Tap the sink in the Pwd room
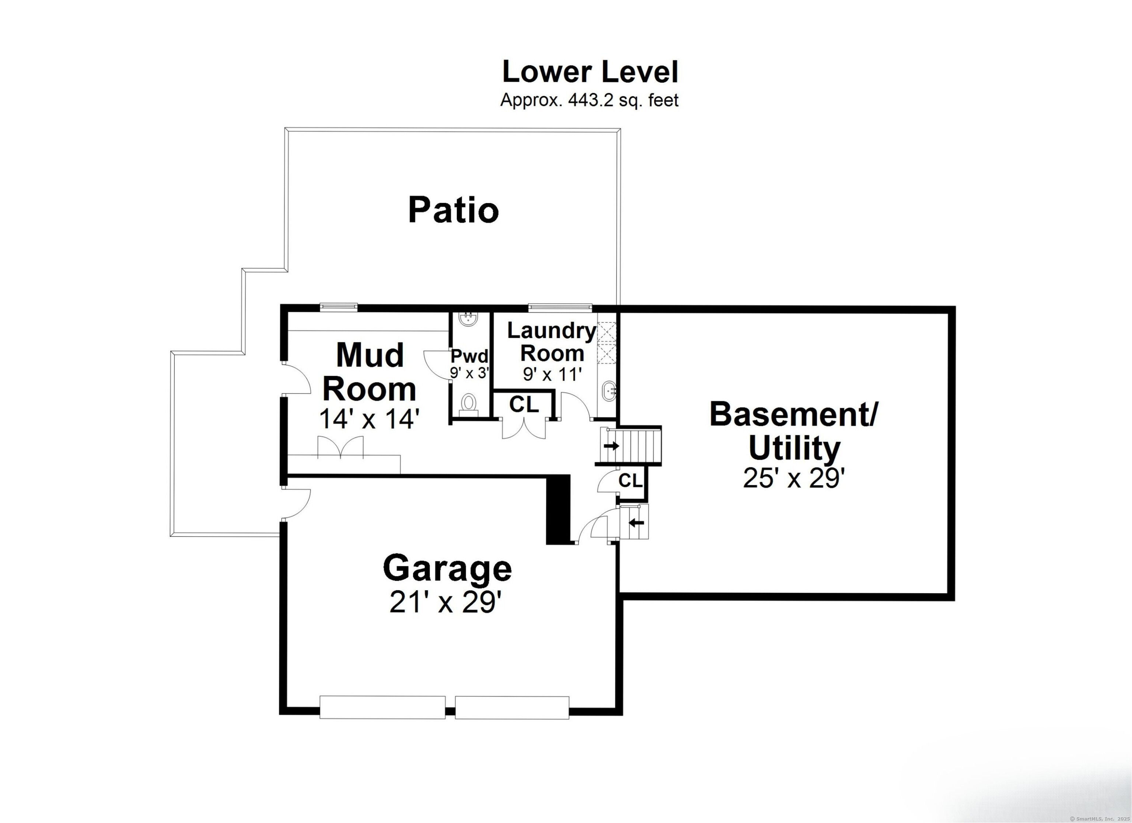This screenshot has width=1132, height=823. (468, 319)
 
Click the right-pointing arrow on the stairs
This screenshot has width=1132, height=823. (611, 446)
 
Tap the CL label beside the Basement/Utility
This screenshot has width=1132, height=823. (630, 481)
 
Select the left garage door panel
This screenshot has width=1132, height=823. (382, 707)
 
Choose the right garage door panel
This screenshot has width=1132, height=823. (512, 707)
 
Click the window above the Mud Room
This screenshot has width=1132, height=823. (339, 307)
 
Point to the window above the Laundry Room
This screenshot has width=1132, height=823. (560, 307)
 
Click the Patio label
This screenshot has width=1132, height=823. (453, 210)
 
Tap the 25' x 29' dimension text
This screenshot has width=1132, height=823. (794, 478)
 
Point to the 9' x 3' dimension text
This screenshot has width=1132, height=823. (469, 373)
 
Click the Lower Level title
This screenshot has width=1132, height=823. (590, 72)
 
